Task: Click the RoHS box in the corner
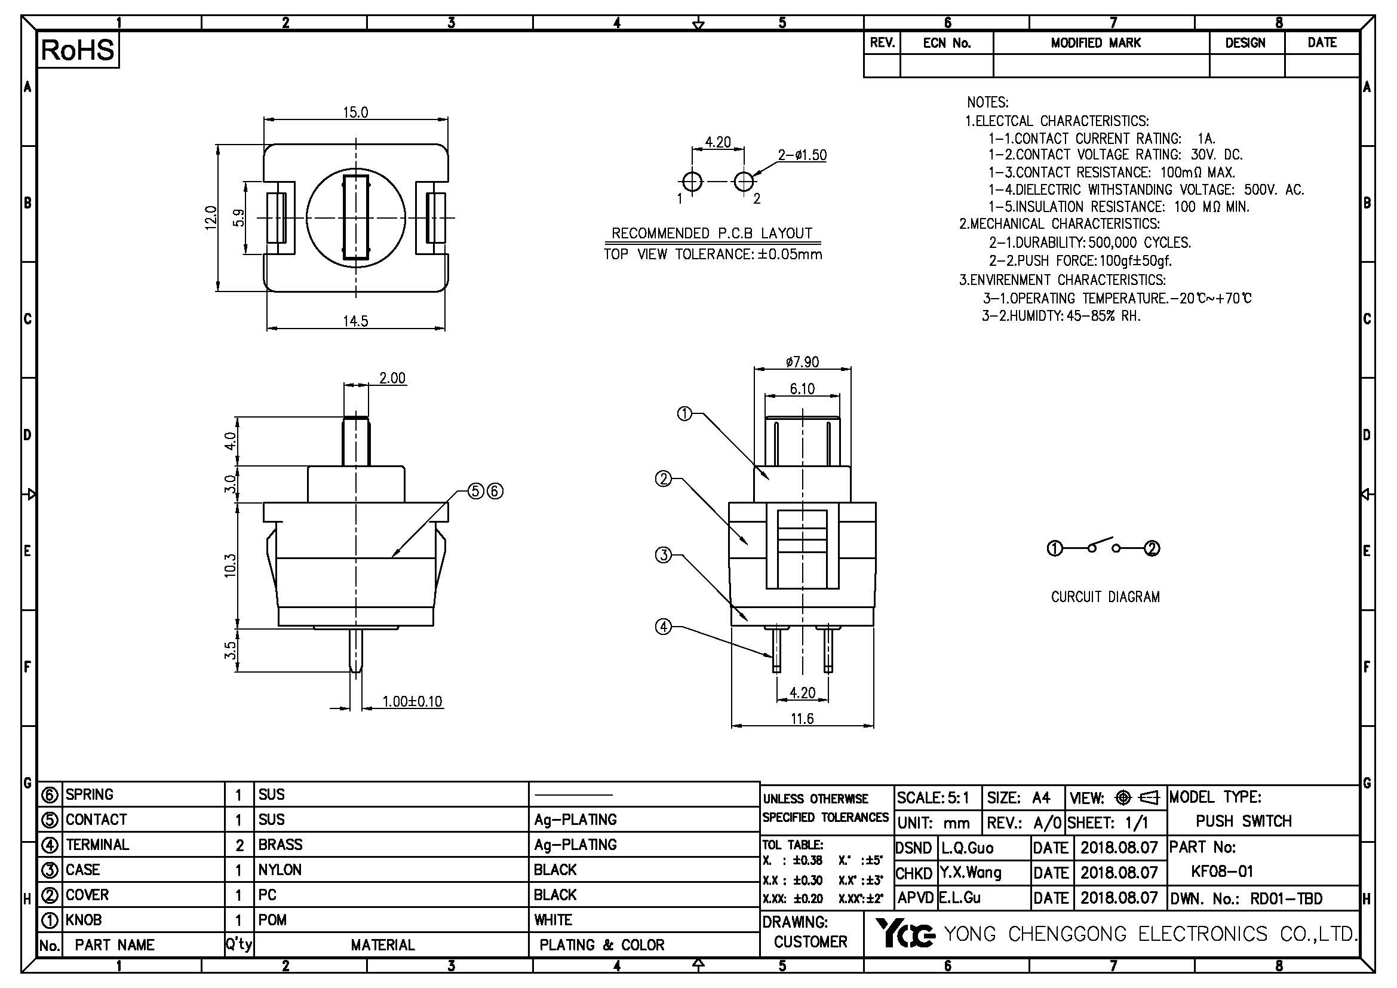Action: pos(78,50)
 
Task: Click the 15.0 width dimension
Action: pos(355,112)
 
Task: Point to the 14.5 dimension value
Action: pos(355,321)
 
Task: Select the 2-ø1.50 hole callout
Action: pos(802,155)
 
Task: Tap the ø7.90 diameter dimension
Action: pos(802,363)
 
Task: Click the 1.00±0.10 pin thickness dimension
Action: pos(412,701)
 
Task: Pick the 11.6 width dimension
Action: pos(802,719)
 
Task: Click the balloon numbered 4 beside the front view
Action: pos(663,626)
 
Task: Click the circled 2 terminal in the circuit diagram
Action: pos(1152,549)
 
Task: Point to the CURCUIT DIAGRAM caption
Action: pos(1105,597)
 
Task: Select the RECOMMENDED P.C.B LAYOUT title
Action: pos(711,234)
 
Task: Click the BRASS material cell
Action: pos(280,845)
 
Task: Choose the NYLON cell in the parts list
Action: pos(280,870)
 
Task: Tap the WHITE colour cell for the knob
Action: pos(553,920)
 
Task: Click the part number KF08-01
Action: pos(1222,872)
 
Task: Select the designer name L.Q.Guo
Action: pos(967,848)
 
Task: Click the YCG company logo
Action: pos(905,934)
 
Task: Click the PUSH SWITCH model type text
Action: pos(1243,821)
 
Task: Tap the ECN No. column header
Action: pos(946,43)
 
